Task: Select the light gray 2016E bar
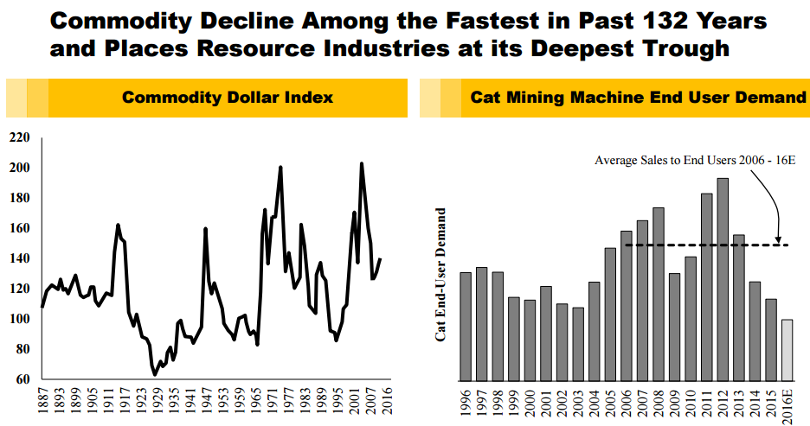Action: tap(787, 349)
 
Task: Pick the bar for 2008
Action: tap(659, 293)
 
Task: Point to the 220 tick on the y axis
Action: tap(19, 138)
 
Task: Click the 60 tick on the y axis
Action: tap(22, 379)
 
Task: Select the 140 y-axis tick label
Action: tap(19, 259)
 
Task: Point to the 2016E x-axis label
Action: tap(787, 407)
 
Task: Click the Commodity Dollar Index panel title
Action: tap(228, 98)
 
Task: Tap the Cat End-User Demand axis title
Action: tap(440, 274)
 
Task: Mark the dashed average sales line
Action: tap(692, 245)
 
